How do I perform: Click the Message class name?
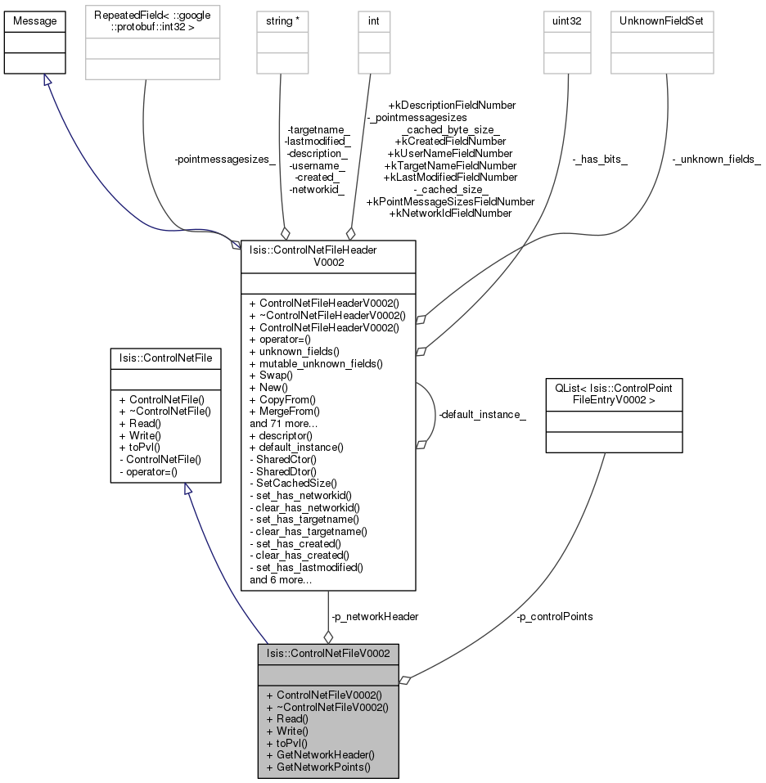pyautogui.click(x=34, y=21)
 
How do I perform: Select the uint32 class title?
pyautogui.click(x=567, y=21)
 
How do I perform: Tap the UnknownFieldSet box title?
pyautogui.click(x=661, y=21)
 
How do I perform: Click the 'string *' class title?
pyautogui.click(x=282, y=21)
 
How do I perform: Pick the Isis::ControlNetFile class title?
pyautogui.click(x=165, y=358)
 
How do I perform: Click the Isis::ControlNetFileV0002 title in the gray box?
pyautogui.click(x=328, y=654)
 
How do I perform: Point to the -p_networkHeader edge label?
pyautogui.click(x=375, y=617)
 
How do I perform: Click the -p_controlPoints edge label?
pyautogui.click(x=554, y=617)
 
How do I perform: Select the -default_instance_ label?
pyautogui.click(x=482, y=415)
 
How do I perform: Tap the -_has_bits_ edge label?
pyautogui.click(x=600, y=160)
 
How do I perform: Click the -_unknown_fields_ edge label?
pyautogui.click(x=716, y=160)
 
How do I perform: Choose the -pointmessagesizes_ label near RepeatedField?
pyautogui.click(x=225, y=160)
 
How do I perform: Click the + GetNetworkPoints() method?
pyautogui.click(x=318, y=767)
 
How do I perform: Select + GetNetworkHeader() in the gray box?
pyautogui.click(x=321, y=755)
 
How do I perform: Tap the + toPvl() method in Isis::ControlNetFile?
pyautogui.click(x=140, y=448)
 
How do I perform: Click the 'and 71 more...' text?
pyautogui.click(x=283, y=424)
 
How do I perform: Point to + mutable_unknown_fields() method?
pyautogui.click(x=316, y=363)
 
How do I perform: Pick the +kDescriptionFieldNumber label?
pyautogui.click(x=452, y=106)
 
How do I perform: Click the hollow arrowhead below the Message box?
pyautogui.click(x=47, y=79)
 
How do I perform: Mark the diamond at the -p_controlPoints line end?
pyautogui.click(x=405, y=680)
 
